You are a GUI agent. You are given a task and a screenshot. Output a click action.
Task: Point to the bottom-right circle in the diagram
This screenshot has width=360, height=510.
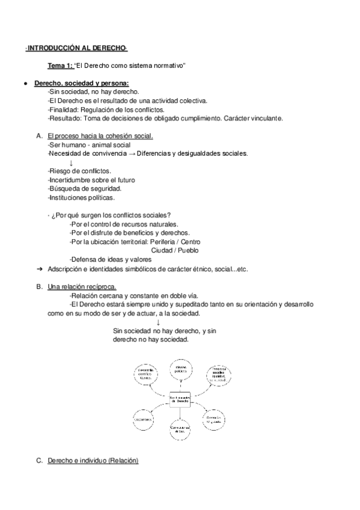pyautogui.click(x=216, y=418)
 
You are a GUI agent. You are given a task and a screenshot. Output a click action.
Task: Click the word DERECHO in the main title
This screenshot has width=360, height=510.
pyautogui.click(x=107, y=47)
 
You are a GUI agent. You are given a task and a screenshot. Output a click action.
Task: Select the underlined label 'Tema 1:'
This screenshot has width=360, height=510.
pyautogui.click(x=60, y=65)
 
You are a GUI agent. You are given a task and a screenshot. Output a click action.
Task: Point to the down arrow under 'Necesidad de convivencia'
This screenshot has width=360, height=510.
pyautogui.click(x=72, y=163)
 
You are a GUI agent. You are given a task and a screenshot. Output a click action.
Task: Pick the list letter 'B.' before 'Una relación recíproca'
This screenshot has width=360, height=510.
pyautogui.click(x=39, y=287)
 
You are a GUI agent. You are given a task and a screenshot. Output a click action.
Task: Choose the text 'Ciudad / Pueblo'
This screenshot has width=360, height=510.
pyautogui.click(x=175, y=250)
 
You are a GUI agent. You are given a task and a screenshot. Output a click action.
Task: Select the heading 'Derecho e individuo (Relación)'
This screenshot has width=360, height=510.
pyautogui.click(x=92, y=461)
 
